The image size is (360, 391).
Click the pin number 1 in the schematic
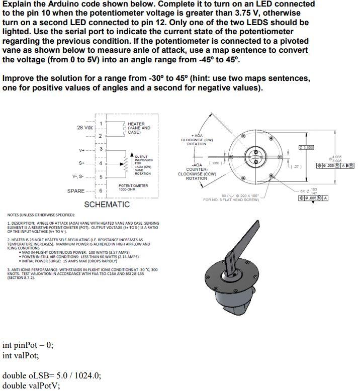[101, 124]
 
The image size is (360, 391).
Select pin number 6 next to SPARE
[101, 190]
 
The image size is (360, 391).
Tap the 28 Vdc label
[85, 128]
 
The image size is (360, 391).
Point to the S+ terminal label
[81, 163]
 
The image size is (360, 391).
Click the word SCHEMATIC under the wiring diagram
[107, 205]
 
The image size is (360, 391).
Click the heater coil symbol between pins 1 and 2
[124, 128]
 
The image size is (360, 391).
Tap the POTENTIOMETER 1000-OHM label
[133, 187]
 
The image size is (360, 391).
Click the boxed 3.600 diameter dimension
[306, 147]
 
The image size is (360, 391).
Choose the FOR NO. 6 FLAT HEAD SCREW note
[231, 200]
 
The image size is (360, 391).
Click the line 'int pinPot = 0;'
[28, 345]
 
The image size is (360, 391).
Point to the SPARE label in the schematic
[76, 191]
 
